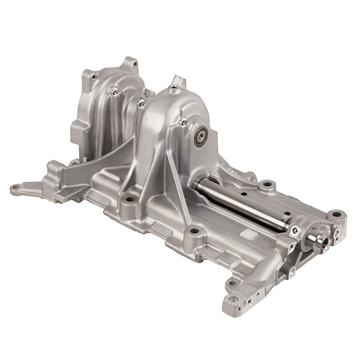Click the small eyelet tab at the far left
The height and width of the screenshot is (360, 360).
[15, 188]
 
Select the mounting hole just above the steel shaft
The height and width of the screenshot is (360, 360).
[267, 184]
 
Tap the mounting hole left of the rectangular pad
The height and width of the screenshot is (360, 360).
[194, 230]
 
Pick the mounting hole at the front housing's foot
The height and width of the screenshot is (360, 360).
[130, 199]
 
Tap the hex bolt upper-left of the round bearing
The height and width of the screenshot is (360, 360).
[184, 123]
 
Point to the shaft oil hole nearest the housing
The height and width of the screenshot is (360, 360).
[244, 194]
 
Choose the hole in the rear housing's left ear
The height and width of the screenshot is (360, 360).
[94, 77]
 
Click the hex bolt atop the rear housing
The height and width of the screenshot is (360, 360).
[115, 92]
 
